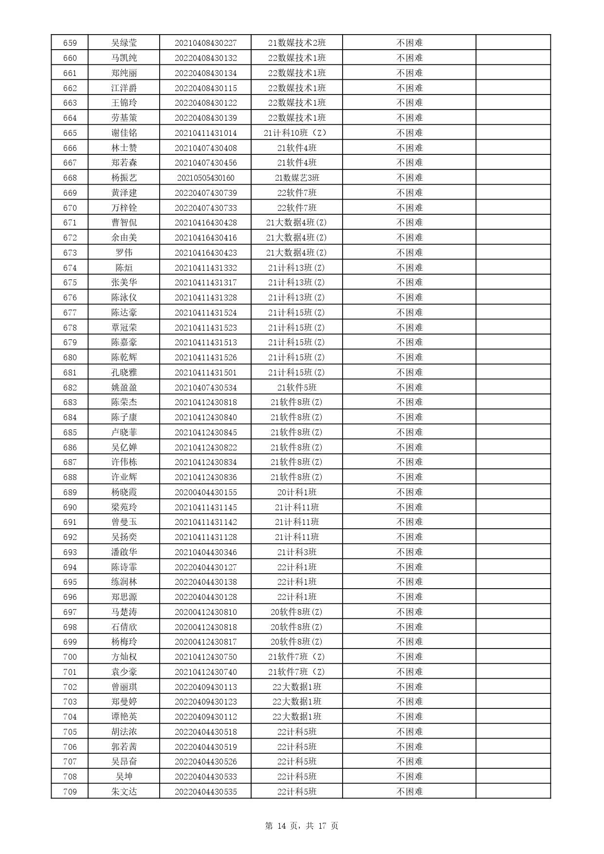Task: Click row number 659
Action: pyautogui.click(x=70, y=43)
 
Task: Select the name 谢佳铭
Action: pyautogui.click(x=124, y=133)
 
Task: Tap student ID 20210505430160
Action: pyautogui.click(x=205, y=178)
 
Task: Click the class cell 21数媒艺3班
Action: pyautogui.click(x=297, y=178)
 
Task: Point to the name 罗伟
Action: pyautogui.click(x=124, y=253)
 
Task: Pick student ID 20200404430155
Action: pyautogui.click(x=205, y=492)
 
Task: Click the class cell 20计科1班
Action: pyautogui.click(x=297, y=492)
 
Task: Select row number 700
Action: pyautogui.click(x=70, y=657)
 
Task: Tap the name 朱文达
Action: pyautogui.click(x=124, y=792)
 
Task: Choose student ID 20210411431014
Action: pyautogui.click(x=205, y=133)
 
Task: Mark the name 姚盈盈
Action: pyautogui.click(x=124, y=388)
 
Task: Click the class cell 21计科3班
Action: pyautogui.click(x=297, y=552)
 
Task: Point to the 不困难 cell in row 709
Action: pyautogui.click(x=409, y=792)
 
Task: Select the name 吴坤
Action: pyautogui.click(x=124, y=777)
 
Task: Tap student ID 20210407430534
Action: pyautogui.click(x=205, y=388)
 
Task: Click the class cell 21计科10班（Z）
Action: pyautogui.click(x=297, y=133)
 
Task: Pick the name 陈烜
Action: pyautogui.click(x=124, y=268)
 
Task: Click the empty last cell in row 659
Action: pyautogui.click(x=513, y=43)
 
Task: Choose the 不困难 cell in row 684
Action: pyautogui.click(x=409, y=417)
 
